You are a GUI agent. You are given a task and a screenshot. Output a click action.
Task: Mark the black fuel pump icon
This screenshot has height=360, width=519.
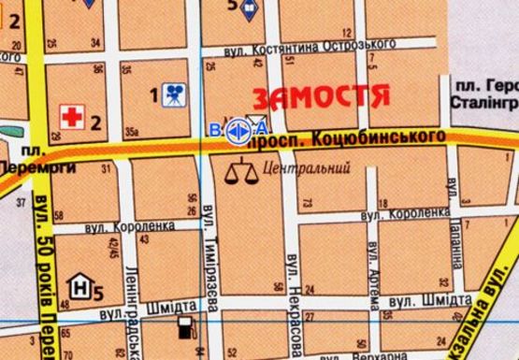point(186,328)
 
